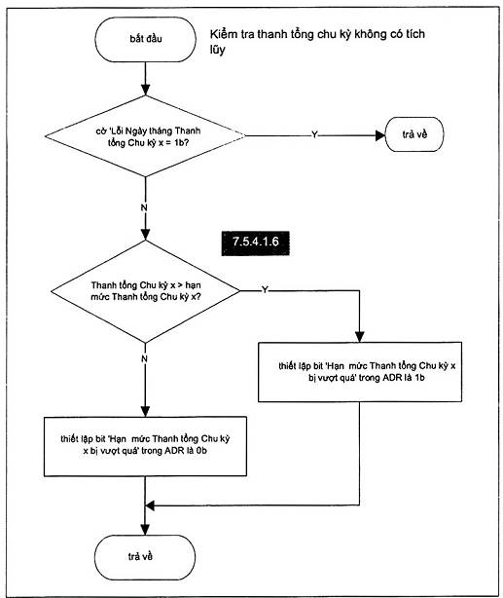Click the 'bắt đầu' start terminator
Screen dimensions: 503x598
pyautogui.click(x=145, y=39)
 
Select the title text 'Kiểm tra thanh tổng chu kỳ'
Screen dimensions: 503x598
pyautogui.click(x=281, y=34)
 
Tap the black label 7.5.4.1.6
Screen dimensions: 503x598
pyautogui.click(x=255, y=243)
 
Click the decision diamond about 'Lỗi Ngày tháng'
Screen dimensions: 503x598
pyautogui.click(x=145, y=136)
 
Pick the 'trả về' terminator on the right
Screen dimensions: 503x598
pyautogui.click(x=414, y=134)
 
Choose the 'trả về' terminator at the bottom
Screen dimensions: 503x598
pyautogui.click(x=145, y=557)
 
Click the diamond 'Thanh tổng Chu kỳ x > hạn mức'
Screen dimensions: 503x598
pyautogui.click(x=146, y=291)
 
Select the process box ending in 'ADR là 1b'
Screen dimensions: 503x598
pyautogui.click(x=360, y=372)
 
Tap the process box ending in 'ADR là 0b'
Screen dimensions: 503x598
pyautogui.click(x=145, y=446)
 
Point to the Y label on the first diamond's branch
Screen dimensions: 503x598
pyautogui.click(x=314, y=135)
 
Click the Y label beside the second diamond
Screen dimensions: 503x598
pyautogui.click(x=265, y=290)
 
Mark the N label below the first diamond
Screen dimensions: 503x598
pyautogui.click(x=144, y=207)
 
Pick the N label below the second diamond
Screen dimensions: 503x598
pyautogui.click(x=144, y=358)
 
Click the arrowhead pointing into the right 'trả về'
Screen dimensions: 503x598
pyautogui.click(x=380, y=135)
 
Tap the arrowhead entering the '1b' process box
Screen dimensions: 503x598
pyautogui.click(x=359, y=337)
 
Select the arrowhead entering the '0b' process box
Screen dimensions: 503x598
pyautogui.click(x=145, y=411)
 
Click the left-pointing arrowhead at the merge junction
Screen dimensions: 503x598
pyautogui.click(x=150, y=505)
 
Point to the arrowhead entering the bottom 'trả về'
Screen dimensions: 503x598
pyautogui.click(x=145, y=530)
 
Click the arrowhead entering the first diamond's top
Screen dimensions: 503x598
pyautogui.click(x=145, y=90)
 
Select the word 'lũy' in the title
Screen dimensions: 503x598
pyautogui.click(x=217, y=50)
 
